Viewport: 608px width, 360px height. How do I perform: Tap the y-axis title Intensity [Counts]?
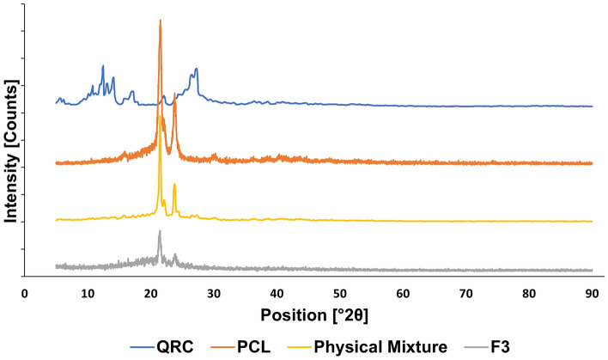pos(11,150)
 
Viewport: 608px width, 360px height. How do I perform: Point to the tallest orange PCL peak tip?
pos(160,20)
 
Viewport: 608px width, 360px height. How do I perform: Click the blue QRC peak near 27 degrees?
pos(196,69)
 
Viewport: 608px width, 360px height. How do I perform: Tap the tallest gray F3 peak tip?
pos(159,231)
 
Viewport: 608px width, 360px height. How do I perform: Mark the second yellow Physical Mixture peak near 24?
pos(174,185)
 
